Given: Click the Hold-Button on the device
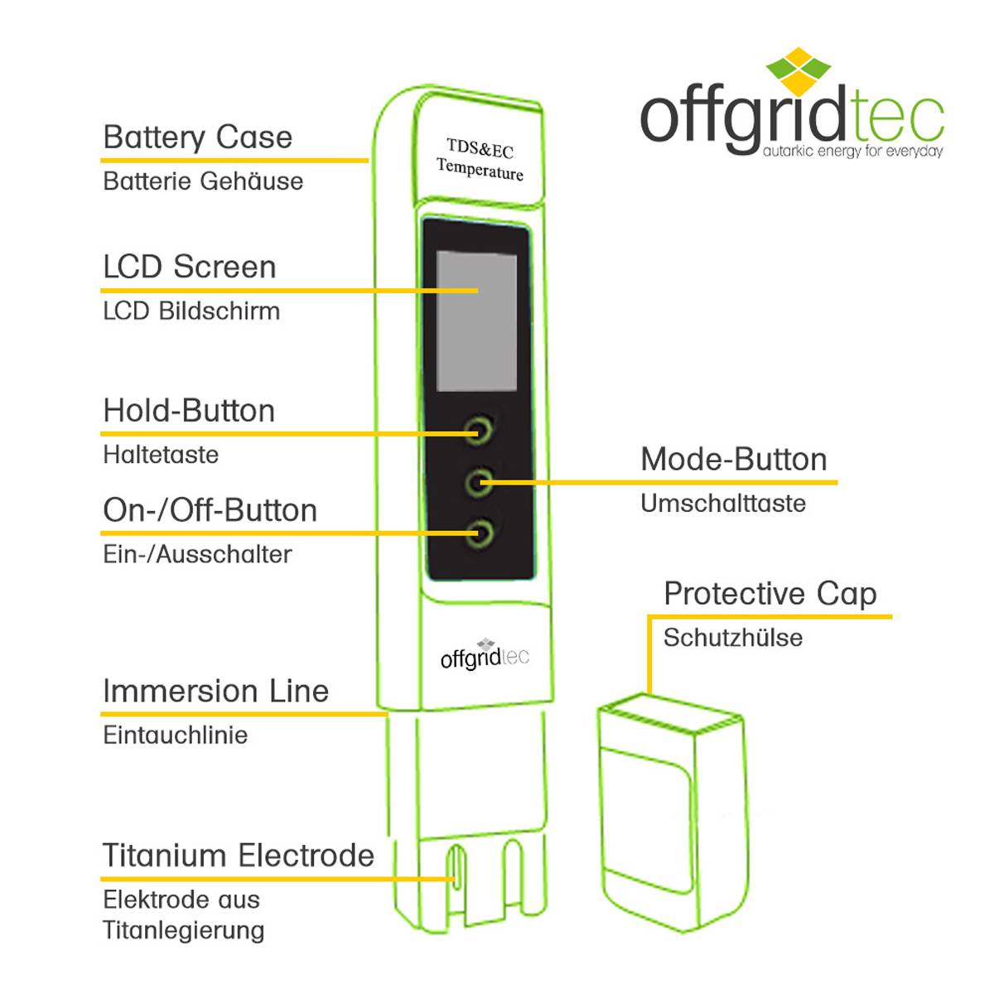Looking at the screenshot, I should [x=478, y=431].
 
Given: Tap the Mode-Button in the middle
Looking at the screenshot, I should [x=479, y=481].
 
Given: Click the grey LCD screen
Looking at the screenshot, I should [x=476, y=321].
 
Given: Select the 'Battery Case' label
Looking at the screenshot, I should [x=197, y=137].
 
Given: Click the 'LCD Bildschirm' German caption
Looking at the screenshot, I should [x=191, y=311].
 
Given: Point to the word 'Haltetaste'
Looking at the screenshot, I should [x=161, y=455].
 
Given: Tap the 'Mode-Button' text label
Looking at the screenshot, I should [x=733, y=460].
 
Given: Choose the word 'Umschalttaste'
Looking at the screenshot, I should [x=722, y=504].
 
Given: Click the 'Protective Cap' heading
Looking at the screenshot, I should [x=770, y=594].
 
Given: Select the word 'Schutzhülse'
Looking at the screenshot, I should [x=732, y=638].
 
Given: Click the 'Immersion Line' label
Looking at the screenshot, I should [x=215, y=691].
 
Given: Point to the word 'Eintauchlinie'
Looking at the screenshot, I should [x=175, y=735].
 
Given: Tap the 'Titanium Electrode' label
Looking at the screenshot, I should [x=238, y=856].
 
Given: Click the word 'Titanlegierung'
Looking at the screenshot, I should [x=183, y=930].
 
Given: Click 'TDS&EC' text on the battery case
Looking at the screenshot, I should [x=480, y=149].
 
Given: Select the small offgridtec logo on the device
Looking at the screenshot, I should [x=484, y=655].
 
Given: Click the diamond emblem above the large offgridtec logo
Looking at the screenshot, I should [x=798, y=70].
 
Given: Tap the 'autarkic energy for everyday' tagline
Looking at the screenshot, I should [x=852, y=152].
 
